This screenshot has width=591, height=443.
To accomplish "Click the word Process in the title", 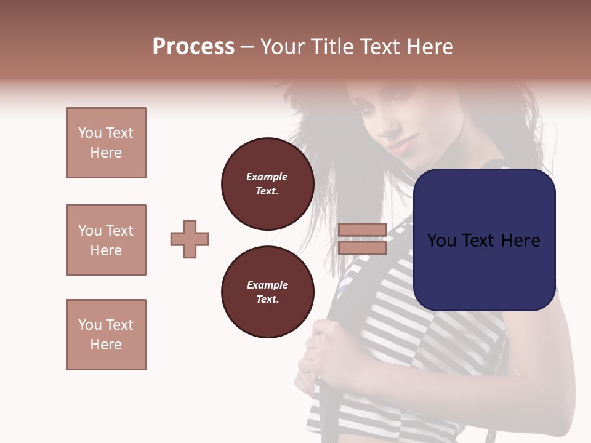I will click(x=193, y=47).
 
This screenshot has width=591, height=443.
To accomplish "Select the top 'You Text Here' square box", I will click(x=106, y=143).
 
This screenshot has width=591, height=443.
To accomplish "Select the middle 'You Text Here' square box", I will click(x=106, y=240).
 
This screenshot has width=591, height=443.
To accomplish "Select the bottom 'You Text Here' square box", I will click(x=106, y=335).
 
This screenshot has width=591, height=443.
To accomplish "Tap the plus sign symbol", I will click(x=190, y=239).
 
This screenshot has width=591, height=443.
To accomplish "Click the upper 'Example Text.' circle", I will click(x=267, y=183).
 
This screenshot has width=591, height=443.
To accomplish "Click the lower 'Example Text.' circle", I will click(x=267, y=292).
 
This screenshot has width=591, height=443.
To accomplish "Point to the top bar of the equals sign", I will click(x=362, y=230).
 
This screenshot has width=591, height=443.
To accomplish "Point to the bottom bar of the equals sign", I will click(x=362, y=247).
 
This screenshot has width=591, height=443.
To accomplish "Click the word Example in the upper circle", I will click(x=267, y=177).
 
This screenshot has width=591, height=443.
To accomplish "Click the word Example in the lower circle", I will click(x=267, y=285).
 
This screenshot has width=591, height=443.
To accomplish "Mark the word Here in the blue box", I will click(x=520, y=240).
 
